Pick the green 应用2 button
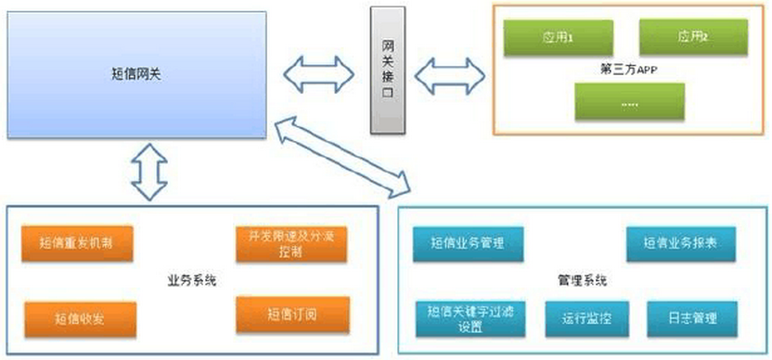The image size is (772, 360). [x=692, y=37]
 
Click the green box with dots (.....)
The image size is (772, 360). [x=629, y=102]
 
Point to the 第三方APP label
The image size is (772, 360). [x=629, y=69]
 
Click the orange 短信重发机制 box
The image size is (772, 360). [x=79, y=245]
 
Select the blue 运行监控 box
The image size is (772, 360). [x=583, y=316]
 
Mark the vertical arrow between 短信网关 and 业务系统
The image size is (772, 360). [x=149, y=174]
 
